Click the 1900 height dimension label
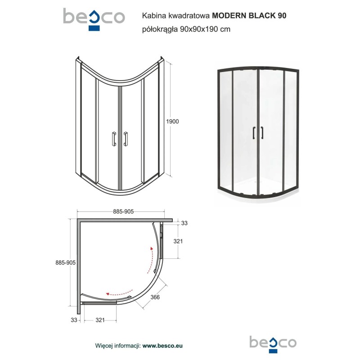click(x=172, y=121)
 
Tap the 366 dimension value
click(x=155, y=297)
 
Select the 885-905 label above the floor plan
click(x=123, y=211)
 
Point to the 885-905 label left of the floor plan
click(x=65, y=263)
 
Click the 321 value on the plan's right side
click(x=178, y=241)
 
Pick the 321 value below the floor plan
click(x=100, y=320)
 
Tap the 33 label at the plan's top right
click(x=184, y=223)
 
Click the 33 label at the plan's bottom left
click(x=74, y=320)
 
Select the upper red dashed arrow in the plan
click(x=150, y=260)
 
